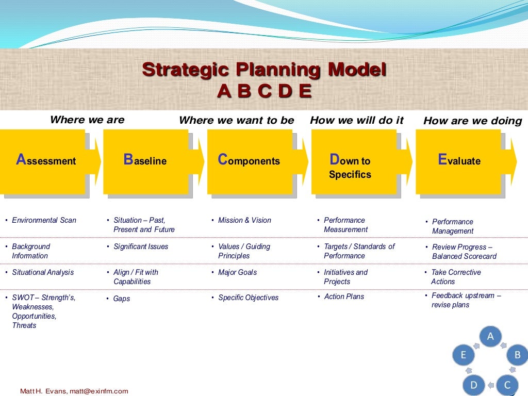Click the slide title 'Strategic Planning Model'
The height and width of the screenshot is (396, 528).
tap(264, 69)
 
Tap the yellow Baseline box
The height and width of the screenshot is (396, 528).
tap(146, 161)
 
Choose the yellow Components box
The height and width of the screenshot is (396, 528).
tap(250, 161)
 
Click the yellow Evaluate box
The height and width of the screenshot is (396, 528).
tap(458, 161)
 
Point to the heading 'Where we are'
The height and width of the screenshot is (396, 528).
tap(87, 120)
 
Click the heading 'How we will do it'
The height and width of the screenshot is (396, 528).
tap(356, 120)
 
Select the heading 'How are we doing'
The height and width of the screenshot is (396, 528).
tap(472, 121)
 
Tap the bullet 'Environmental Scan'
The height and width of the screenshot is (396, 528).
tap(44, 220)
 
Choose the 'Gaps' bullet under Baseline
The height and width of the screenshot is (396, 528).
tap(122, 299)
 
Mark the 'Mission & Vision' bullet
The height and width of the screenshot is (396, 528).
tap(244, 220)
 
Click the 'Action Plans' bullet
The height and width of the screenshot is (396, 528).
tap(344, 296)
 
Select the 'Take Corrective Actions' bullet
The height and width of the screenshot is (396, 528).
tap(455, 277)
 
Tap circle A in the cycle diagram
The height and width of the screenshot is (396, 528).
tap(490, 337)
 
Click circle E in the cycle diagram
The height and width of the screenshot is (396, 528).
tap(463, 355)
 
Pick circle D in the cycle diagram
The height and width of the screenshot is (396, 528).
tap(473, 384)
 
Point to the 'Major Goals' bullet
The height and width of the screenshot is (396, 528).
tap(237, 272)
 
